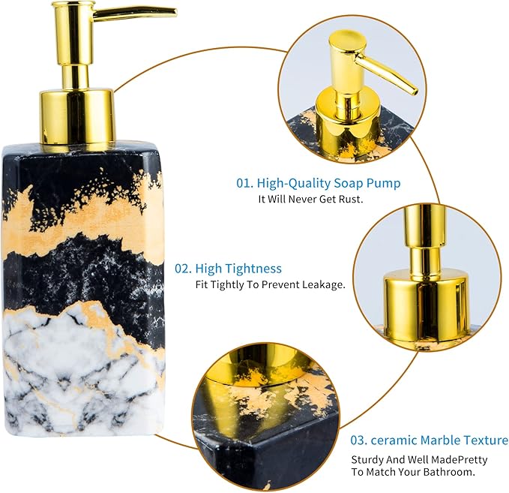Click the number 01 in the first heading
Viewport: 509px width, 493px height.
244,183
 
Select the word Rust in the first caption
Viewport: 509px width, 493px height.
349,200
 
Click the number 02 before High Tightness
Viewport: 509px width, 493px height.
182,268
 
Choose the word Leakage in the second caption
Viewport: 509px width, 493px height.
323,285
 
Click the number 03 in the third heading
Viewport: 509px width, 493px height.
359,440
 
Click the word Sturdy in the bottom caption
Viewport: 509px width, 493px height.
368,459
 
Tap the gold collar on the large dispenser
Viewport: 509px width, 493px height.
76,116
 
